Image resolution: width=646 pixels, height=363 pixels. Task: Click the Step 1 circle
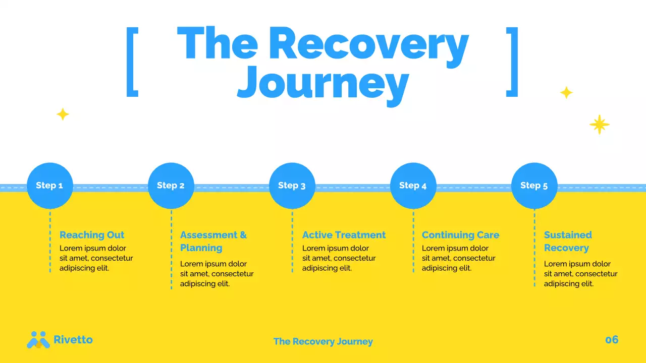coord(49,186)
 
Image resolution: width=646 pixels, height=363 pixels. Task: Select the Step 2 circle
coord(171,186)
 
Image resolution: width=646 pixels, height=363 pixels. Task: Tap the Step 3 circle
coord(292,186)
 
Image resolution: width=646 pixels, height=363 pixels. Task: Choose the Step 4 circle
coord(413,186)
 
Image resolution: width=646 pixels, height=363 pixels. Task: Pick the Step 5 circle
coord(534,186)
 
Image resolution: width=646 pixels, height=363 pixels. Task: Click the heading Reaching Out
coord(92,235)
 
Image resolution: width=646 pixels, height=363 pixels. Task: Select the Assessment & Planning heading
coord(213,241)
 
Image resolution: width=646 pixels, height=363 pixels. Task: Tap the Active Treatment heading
coord(344,235)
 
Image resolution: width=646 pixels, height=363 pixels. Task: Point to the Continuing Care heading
coord(460,235)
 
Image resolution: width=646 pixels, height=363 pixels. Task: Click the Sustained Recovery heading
coord(567,241)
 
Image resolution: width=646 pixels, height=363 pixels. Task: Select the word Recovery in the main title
coord(368,44)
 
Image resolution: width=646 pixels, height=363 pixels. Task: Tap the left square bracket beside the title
coord(132,62)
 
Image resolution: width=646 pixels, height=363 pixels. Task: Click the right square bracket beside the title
coord(512,62)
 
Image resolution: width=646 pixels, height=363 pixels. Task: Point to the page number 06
coord(612,340)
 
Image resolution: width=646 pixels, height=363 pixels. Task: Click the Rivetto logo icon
coord(38,340)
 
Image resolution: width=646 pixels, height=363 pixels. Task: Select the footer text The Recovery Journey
coord(323,341)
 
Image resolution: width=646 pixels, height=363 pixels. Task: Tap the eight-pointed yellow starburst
coord(600,125)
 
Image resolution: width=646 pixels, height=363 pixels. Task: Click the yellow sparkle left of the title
coord(63,114)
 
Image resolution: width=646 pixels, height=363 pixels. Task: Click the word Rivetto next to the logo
coord(73,340)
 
